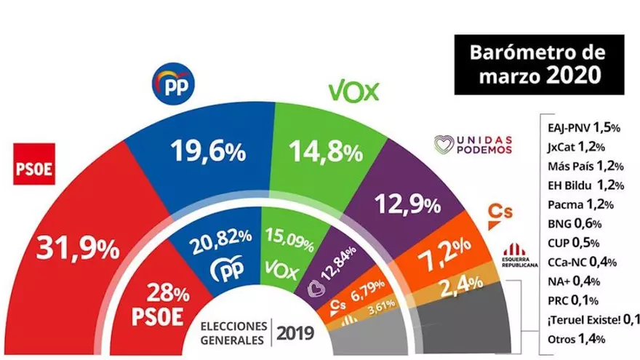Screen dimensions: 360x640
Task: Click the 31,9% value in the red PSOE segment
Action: [x=73, y=250]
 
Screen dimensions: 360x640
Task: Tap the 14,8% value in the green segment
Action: [x=326, y=152]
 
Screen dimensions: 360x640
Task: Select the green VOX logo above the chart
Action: [x=354, y=91]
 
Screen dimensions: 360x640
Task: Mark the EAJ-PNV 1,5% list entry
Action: [x=583, y=127]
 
